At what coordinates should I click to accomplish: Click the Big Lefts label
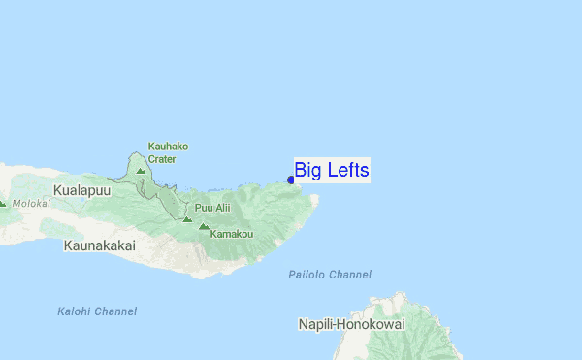pos(332,171)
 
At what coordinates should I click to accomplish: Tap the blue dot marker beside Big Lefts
pos(291,180)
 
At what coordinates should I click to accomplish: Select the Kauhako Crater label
pos(168,152)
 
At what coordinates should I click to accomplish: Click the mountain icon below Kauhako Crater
pos(141,172)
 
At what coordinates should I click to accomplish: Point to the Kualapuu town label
pos(82,190)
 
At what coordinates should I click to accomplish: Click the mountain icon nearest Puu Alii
pos(187,218)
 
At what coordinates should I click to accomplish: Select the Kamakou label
pos(232,234)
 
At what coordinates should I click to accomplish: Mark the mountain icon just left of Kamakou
pos(204,228)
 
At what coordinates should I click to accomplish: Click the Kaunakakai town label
pos(99,246)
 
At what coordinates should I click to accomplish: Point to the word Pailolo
pos(307,276)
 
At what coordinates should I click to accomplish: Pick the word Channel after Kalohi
pos(115,311)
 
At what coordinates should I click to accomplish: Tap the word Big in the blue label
pos(307,171)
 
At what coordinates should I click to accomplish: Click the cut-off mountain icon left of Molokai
pos(2,204)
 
